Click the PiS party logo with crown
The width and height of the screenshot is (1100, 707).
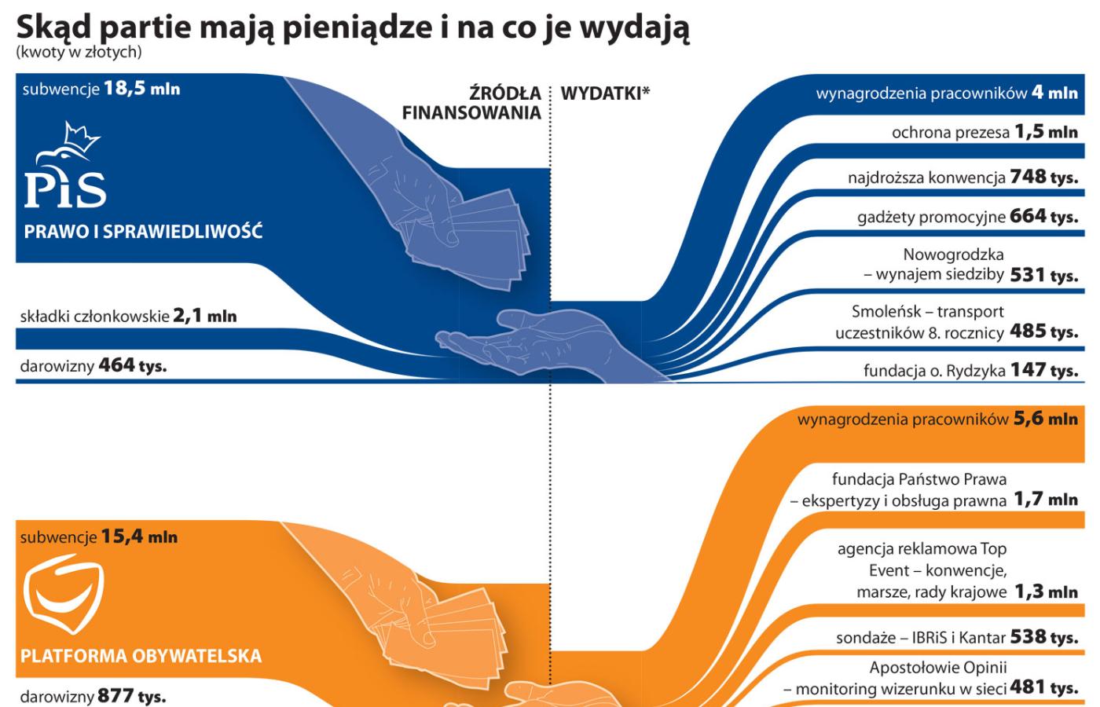click(64, 167)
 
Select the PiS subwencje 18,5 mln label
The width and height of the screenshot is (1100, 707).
click(101, 89)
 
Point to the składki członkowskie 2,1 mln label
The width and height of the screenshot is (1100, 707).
click(128, 316)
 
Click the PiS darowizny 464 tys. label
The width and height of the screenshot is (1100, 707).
click(93, 365)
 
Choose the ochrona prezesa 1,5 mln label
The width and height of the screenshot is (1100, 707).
click(984, 132)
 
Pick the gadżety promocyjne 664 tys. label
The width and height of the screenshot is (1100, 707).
click(966, 216)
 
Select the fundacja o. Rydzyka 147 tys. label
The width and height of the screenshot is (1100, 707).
click(970, 370)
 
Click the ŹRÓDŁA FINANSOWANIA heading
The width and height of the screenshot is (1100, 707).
click(471, 103)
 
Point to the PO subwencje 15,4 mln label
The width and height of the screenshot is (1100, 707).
click(99, 537)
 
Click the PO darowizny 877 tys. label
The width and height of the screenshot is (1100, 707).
click(93, 697)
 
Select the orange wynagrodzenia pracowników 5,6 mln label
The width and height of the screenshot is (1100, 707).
click(937, 419)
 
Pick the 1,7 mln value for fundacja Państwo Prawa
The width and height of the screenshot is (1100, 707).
click(1045, 499)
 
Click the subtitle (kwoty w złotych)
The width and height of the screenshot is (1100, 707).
click(79, 53)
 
